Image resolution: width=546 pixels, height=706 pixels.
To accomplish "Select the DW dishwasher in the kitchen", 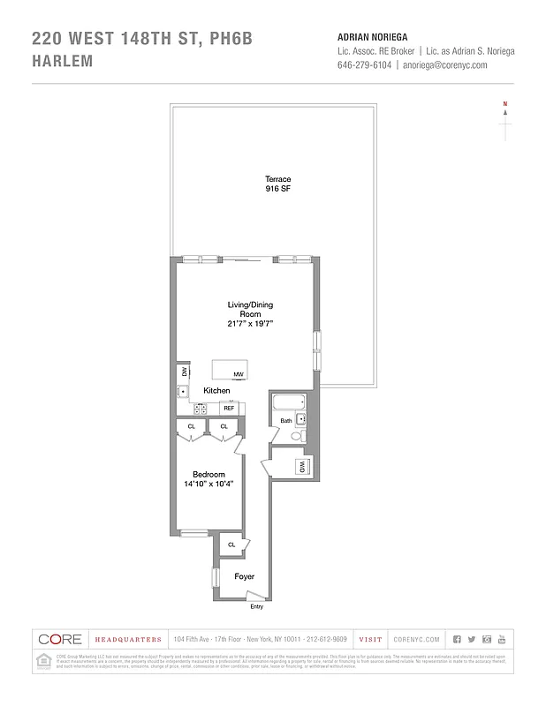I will point(185,372).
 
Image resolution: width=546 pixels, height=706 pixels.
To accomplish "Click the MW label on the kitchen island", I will point(239,375).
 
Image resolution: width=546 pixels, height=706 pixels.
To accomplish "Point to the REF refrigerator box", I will point(228,408).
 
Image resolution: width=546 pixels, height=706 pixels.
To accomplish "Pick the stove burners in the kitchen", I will point(201,409).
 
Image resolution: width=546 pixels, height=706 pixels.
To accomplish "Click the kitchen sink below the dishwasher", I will point(183,391).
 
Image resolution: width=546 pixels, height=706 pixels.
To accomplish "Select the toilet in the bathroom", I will point(297,435).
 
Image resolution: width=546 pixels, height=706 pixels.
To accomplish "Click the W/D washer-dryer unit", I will point(302,466).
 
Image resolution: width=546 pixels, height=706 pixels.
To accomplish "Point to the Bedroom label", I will point(209,475).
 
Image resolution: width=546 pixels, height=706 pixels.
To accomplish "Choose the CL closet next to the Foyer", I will point(231,545).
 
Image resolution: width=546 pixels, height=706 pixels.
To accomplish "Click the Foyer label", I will point(244,576).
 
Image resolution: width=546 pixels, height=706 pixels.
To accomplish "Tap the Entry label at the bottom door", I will point(256,606).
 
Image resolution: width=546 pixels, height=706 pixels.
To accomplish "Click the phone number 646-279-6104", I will point(365,64).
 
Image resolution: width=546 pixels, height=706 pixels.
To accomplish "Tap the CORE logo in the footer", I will point(60,639).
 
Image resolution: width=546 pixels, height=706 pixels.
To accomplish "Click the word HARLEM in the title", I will point(64,62).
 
